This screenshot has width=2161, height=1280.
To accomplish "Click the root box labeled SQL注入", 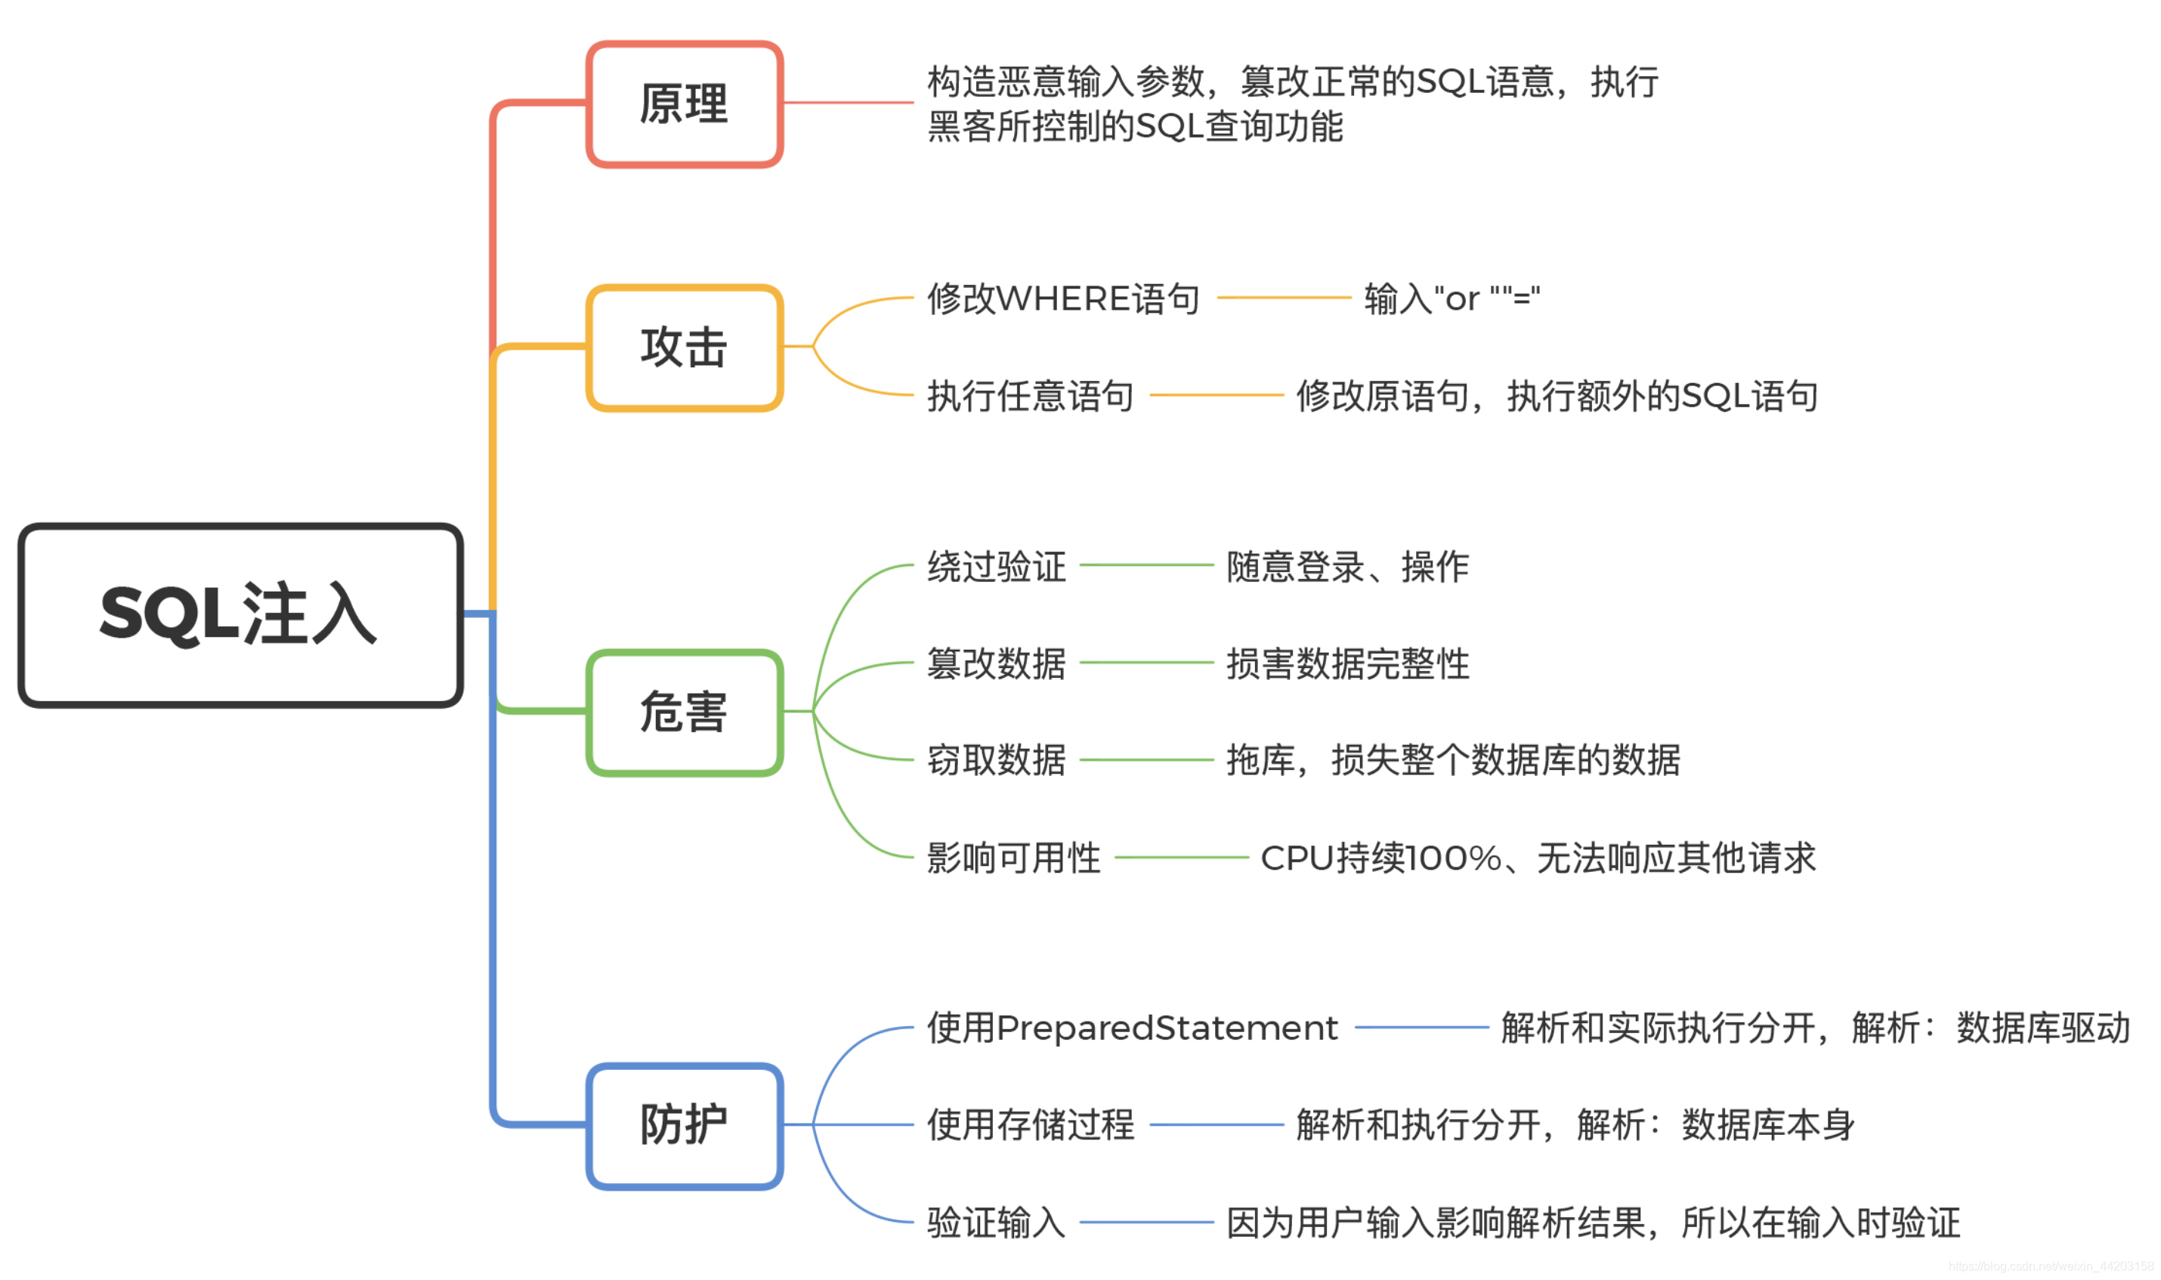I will click(x=240, y=615).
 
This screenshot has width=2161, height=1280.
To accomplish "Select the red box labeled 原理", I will click(x=684, y=104).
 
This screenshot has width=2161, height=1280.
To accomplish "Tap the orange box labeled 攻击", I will click(x=684, y=348).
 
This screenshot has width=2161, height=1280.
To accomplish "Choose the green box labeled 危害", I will click(x=684, y=713).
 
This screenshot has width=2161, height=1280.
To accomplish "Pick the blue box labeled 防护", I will click(x=684, y=1126).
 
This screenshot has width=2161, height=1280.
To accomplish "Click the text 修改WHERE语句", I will click(x=1063, y=299).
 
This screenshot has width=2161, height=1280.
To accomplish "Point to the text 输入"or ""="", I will click(x=1452, y=299).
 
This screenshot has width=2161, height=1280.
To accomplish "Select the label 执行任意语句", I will click(x=1031, y=397).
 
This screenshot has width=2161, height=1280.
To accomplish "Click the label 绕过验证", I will click(x=997, y=567).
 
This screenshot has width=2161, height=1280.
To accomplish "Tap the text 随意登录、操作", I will click(x=1348, y=567).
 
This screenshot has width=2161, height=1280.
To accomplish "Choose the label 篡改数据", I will click(x=997, y=664).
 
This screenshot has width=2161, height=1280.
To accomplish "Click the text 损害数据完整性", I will click(x=1348, y=664).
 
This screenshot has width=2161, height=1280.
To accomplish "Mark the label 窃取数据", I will click(x=997, y=761).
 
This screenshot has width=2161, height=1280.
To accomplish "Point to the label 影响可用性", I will click(x=1014, y=858).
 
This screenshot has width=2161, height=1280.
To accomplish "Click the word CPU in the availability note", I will click(x=1297, y=858).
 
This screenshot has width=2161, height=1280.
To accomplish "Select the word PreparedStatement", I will click(x=1167, y=1028).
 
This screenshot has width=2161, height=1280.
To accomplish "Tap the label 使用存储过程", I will click(x=1031, y=1126).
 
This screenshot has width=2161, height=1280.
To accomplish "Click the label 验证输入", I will click(x=997, y=1223).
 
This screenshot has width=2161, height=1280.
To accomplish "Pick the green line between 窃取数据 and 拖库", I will click(x=1146, y=761).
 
